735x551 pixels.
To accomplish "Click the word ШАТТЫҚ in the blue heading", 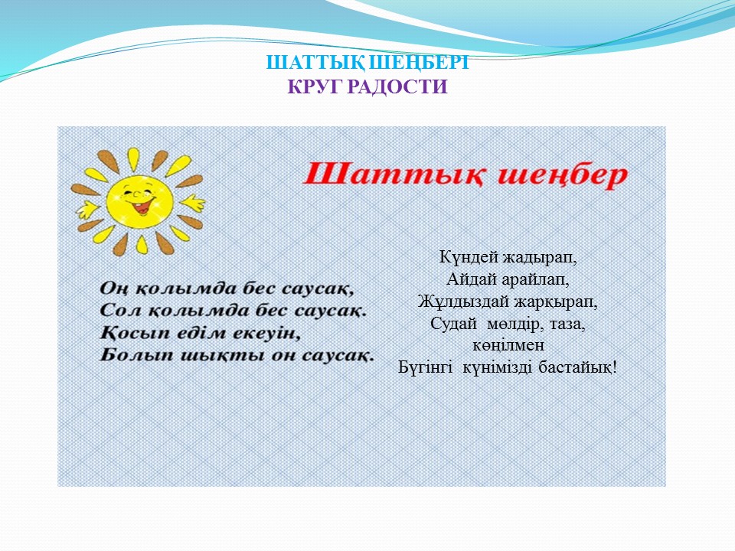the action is (x=315, y=63).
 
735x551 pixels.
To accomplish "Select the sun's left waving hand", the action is (x=88, y=209).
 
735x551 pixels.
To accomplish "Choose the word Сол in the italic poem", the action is (x=119, y=310).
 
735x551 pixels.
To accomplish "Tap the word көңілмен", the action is (x=508, y=345).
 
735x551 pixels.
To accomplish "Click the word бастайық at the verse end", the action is (x=575, y=367).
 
